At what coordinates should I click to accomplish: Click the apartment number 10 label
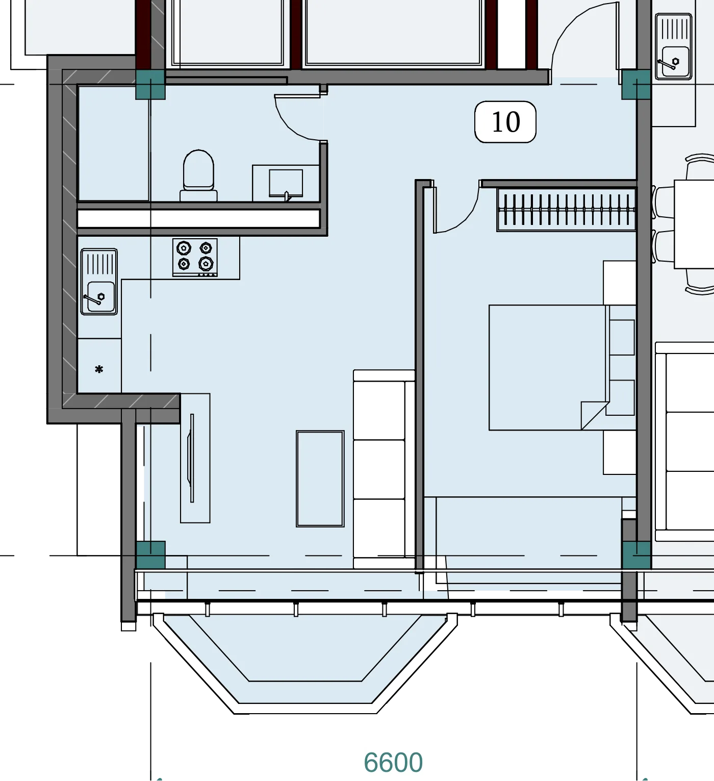pyautogui.click(x=505, y=122)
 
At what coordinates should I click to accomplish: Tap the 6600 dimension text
pyautogui.click(x=393, y=762)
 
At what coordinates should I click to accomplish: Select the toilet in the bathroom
pyautogui.click(x=198, y=175)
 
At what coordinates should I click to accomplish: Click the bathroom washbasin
pyautogui.click(x=286, y=183)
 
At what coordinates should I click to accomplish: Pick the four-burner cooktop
pyautogui.click(x=195, y=257)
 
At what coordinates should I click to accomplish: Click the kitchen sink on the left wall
pyautogui.click(x=99, y=282)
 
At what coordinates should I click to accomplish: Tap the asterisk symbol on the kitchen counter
pyautogui.click(x=99, y=369)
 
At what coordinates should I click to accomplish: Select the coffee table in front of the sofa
pyautogui.click(x=320, y=478)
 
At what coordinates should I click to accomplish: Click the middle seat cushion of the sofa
pyautogui.click(x=379, y=469)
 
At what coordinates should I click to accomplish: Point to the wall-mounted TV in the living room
pyautogui.click(x=191, y=458)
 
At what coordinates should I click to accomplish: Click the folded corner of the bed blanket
pyautogui.click(x=595, y=415)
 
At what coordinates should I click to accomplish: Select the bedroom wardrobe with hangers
pyautogui.click(x=567, y=210)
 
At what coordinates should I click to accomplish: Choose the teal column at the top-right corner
pyautogui.click(x=636, y=85)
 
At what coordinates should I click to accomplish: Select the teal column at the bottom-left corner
pyautogui.click(x=150, y=555)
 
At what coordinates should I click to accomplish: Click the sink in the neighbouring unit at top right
pyautogui.click(x=674, y=46)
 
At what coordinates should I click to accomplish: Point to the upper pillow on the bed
pyautogui.click(x=622, y=337)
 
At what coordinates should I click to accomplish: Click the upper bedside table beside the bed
pyautogui.click(x=620, y=283)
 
